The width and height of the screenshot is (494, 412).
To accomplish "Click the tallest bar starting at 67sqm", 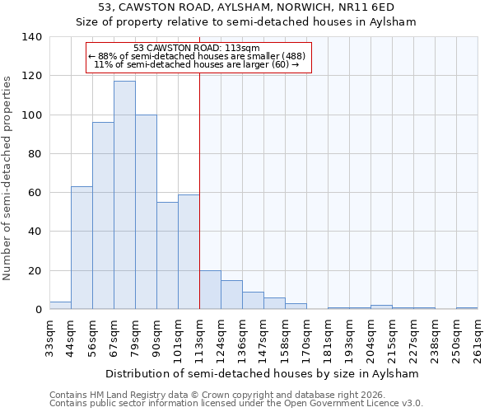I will click(x=124, y=195).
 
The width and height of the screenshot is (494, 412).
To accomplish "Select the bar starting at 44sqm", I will click(x=82, y=248).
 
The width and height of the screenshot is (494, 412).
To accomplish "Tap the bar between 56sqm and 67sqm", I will click(x=103, y=216).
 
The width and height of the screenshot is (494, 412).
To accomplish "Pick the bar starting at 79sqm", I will click(x=146, y=212).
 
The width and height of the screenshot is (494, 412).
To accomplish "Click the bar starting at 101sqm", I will click(x=189, y=252).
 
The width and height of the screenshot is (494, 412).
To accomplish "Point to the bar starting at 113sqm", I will click(x=210, y=290).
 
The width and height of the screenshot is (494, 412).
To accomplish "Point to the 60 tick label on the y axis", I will click(x=35, y=193).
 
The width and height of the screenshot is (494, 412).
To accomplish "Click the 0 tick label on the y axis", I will click(x=38, y=310).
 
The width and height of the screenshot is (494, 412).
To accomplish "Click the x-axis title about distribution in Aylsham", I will click(x=263, y=373).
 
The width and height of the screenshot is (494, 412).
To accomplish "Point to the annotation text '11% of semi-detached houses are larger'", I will click(x=196, y=63).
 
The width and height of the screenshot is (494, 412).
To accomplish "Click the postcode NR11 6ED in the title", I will click(x=371, y=7).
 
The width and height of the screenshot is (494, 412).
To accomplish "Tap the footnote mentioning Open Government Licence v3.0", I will click(x=236, y=403).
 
